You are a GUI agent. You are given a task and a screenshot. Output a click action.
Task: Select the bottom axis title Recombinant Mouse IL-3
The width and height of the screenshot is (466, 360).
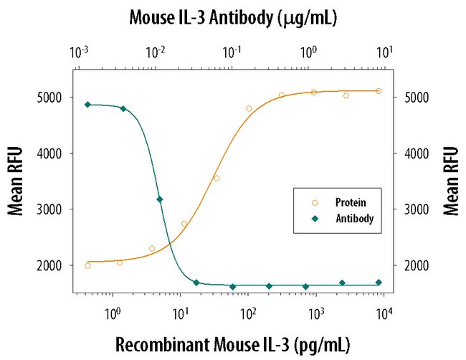[x=233, y=345]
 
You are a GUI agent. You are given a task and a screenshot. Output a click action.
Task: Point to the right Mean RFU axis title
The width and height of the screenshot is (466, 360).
[x=451, y=181]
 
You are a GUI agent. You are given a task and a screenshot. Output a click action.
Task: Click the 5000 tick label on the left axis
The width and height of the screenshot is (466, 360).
[x=50, y=98]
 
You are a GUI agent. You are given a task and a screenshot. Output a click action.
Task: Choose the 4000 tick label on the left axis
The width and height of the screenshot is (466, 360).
[x=50, y=153]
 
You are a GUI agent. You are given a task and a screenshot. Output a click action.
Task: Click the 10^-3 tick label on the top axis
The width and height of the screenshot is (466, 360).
[x=80, y=53]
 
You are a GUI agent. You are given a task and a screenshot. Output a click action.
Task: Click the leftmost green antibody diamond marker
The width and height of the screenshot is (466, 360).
[x=87, y=105]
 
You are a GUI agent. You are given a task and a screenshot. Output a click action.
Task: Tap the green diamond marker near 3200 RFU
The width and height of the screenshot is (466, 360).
[x=159, y=199]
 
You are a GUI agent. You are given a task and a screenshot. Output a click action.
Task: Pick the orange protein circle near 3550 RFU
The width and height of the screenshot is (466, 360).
[x=217, y=178]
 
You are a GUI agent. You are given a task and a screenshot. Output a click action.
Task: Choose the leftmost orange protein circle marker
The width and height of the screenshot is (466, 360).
[x=87, y=265]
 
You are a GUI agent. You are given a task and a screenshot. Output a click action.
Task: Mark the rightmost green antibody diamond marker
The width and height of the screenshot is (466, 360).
[x=379, y=283]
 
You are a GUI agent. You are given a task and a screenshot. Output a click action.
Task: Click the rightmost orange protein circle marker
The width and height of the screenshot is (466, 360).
[x=379, y=91]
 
